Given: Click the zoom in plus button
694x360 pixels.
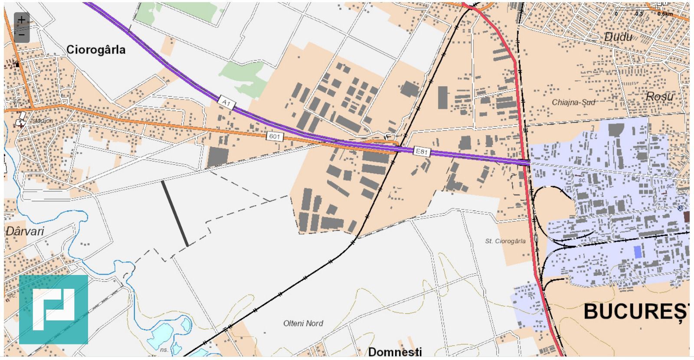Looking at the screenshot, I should click(x=22, y=20).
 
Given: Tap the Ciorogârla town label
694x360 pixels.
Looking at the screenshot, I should click(x=96, y=50).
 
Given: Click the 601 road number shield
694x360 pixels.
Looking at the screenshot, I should click(x=275, y=137).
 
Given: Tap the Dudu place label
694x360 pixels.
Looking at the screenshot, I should click(x=618, y=37).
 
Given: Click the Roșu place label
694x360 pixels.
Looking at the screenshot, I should click(x=659, y=96).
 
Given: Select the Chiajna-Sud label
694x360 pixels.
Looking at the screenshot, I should click(x=573, y=102).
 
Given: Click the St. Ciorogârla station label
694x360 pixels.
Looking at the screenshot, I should click(x=505, y=241).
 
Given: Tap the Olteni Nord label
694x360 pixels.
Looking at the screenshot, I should click(x=303, y=324).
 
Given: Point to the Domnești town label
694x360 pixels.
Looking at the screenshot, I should click(x=395, y=351).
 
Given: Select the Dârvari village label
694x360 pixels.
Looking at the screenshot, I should click(x=25, y=231).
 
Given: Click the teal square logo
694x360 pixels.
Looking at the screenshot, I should click(x=53, y=309).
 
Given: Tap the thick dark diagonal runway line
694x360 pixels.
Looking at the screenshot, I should click(x=175, y=213).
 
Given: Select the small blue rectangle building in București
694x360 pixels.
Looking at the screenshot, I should click(x=637, y=252).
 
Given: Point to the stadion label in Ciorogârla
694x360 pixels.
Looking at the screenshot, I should click(x=42, y=121).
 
